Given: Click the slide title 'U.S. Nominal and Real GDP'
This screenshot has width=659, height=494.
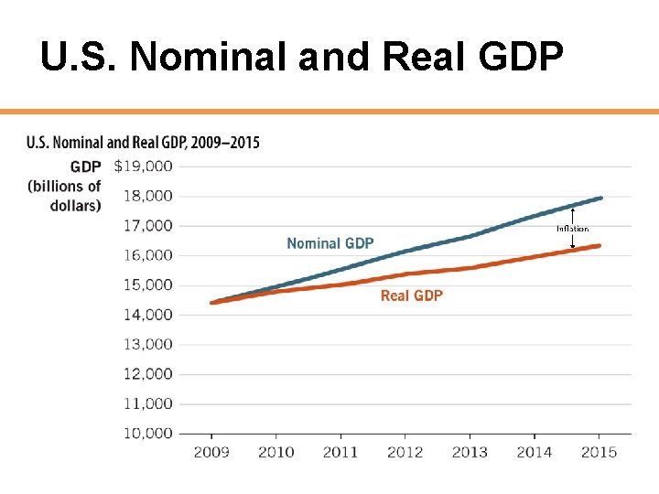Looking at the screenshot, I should pos(301,58).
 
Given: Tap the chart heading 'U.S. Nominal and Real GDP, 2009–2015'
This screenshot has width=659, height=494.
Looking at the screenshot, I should pos(143,143).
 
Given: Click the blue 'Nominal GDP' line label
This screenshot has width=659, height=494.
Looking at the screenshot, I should pos(330,243).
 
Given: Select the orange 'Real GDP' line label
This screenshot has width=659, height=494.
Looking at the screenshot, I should pos(411,295).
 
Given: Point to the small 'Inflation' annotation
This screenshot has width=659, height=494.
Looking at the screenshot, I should pos(572,229).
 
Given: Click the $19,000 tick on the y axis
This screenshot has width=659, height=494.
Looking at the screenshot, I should pos(144,166).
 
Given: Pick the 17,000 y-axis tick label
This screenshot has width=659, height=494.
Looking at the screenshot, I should pos(149,225).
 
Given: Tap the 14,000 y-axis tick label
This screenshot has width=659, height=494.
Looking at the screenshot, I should pos(149,315).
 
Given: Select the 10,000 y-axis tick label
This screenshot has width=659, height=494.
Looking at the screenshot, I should pos(149,433).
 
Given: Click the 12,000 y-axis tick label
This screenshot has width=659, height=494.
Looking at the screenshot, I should pos(149,373).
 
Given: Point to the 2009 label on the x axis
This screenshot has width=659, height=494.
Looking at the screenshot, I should pos(211,452).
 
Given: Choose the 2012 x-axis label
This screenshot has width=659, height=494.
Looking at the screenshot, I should pos(405,452).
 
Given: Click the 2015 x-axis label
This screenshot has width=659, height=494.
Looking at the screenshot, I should pos(600,452).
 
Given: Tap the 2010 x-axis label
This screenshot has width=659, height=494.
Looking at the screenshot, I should pos(276,452).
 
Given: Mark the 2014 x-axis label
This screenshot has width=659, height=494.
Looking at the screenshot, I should pos(535,452).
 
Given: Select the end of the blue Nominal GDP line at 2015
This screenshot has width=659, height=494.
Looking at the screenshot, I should pos(600,198).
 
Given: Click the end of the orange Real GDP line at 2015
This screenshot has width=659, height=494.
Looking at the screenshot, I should pos(599,245).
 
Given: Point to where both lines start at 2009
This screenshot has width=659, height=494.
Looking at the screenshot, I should pos(212,302).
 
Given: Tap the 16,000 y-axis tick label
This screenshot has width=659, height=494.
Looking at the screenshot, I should pos(149,255).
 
